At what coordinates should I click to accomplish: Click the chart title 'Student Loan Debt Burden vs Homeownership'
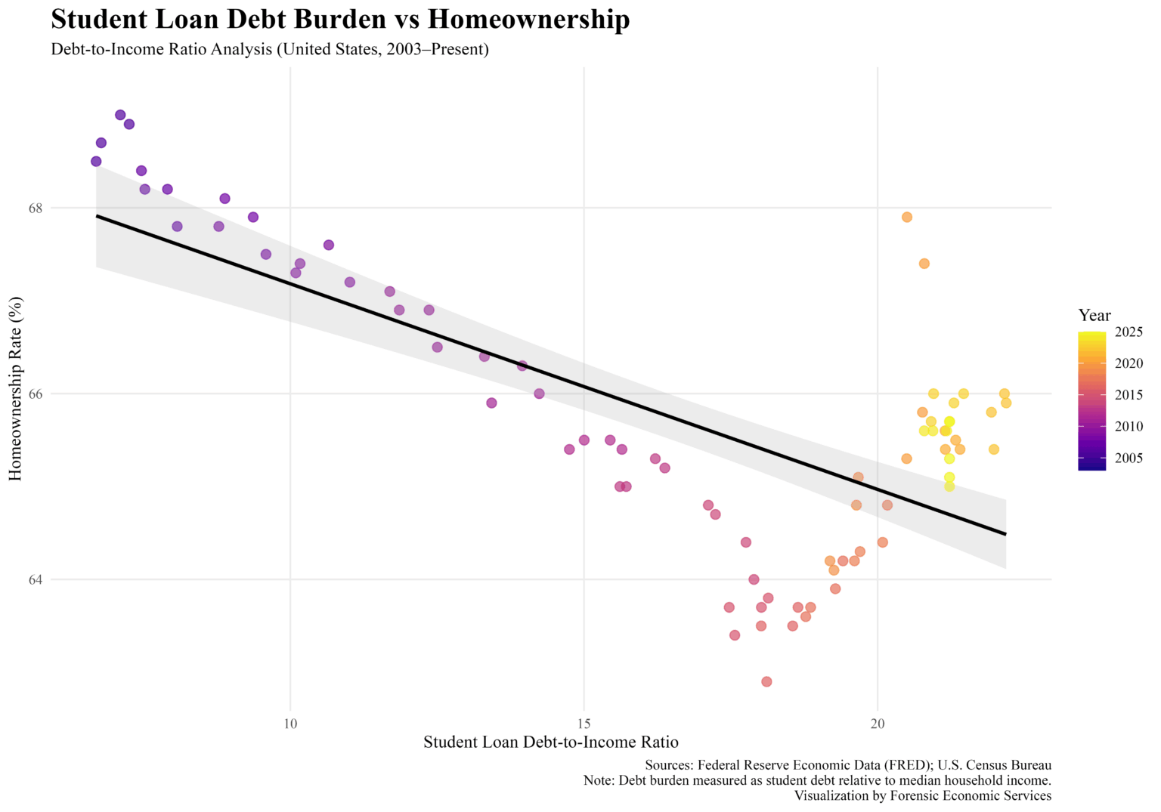point(340,20)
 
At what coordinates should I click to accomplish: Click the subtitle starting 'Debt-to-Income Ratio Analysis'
point(270,50)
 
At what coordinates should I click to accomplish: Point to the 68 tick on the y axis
point(37,208)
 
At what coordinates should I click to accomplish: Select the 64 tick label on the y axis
point(37,579)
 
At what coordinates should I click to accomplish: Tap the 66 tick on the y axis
point(37,394)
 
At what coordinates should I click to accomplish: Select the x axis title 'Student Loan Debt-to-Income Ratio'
point(550,742)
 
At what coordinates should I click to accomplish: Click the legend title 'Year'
point(1094,315)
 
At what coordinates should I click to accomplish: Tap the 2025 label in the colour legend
point(1128,332)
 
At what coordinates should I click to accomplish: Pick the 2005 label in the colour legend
point(1128,458)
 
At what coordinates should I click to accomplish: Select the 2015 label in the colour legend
point(1128,395)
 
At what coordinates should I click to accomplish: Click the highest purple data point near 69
point(120,115)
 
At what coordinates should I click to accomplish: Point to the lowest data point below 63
point(766,681)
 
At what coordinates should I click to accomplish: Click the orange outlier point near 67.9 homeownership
point(907,217)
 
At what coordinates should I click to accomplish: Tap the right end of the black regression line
point(1005,534)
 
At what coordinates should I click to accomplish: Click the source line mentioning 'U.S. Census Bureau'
point(847,765)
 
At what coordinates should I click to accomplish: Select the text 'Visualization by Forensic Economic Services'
point(922,795)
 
